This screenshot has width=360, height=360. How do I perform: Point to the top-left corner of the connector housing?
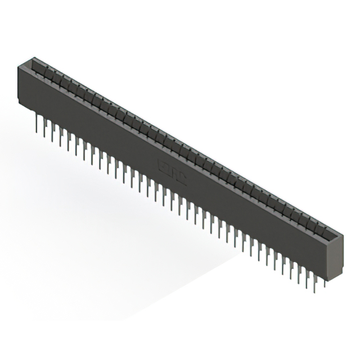tap(19, 66)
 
